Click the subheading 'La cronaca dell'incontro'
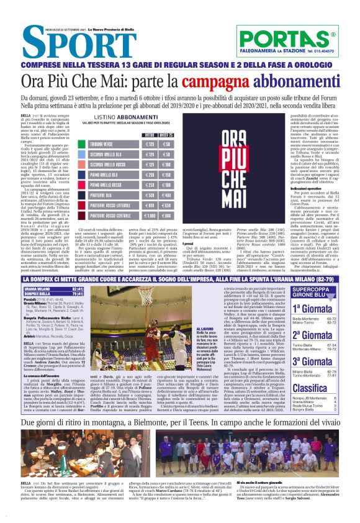pos(43,361)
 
